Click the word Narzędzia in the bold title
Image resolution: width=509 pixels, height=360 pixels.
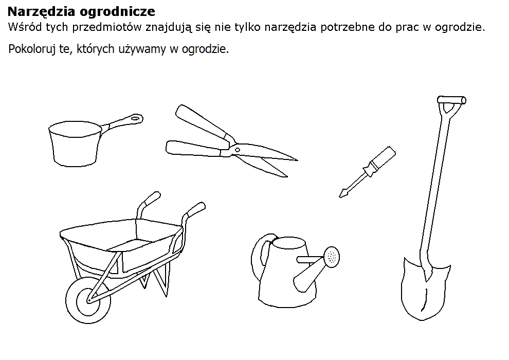(x=42, y=12)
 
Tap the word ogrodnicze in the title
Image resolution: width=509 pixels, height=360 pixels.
(x=117, y=12)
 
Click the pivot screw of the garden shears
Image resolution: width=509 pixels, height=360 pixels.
(x=238, y=150)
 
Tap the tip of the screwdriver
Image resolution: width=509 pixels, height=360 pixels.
(x=340, y=196)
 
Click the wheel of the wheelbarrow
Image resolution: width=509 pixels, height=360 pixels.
(x=88, y=300)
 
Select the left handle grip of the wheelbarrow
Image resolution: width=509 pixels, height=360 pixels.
(x=150, y=199)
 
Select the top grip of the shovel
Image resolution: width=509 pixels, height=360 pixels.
(x=451, y=100)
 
